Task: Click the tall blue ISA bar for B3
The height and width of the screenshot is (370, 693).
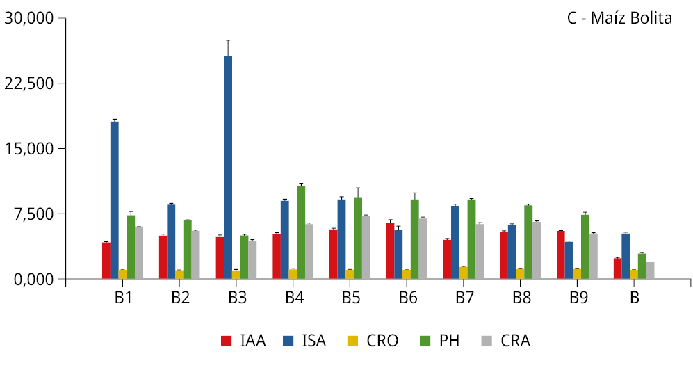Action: [228, 167]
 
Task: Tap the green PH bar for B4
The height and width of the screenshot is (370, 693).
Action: [301, 232]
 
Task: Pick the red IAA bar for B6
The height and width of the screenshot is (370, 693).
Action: [391, 250]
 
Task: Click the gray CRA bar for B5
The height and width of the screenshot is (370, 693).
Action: [366, 248]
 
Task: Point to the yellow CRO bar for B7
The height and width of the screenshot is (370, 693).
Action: [464, 273]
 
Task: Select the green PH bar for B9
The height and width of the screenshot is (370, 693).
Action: [585, 247]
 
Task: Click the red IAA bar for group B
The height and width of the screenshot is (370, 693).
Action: [617, 268]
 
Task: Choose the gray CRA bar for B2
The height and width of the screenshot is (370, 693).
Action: [195, 255]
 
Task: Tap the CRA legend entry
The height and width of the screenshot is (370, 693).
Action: [505, 341]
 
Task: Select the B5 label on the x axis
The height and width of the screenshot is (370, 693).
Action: [351, 298]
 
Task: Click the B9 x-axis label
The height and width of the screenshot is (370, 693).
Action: [578, 298]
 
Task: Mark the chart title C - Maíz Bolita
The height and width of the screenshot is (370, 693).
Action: [619, 19]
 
